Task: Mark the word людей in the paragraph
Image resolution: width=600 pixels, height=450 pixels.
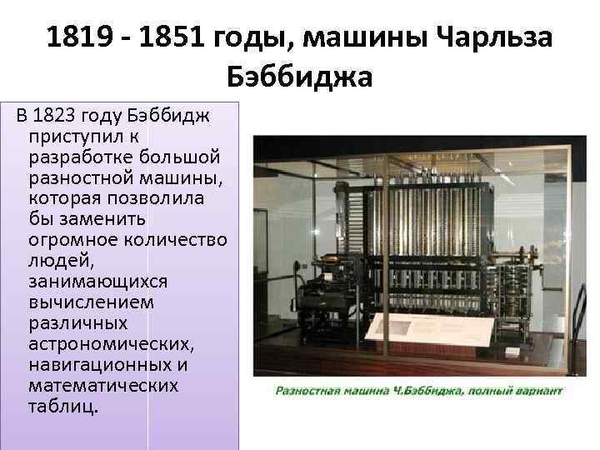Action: pyautogui.click(x=53, y=261)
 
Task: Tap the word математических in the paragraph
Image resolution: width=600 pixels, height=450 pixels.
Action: pyautogui.click(x=102, y=386)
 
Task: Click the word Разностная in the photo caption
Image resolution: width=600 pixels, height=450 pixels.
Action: pyautogui.click(x=304, y=390)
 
